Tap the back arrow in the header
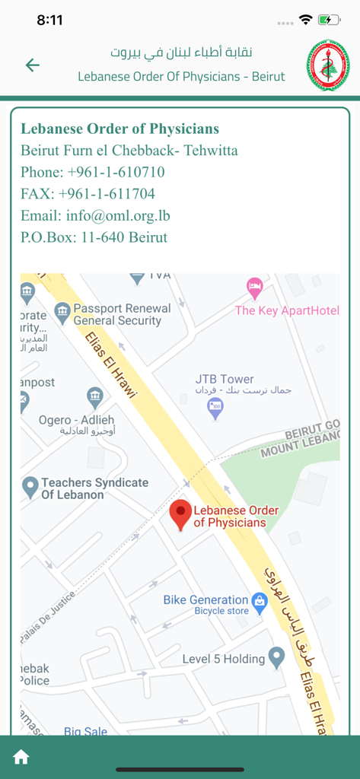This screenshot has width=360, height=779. pos(32,65)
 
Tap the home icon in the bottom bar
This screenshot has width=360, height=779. pos(21,757)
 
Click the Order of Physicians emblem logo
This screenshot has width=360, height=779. pos(328,65)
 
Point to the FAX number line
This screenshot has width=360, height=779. pos(88,193)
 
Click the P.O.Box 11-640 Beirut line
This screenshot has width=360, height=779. pos(94,237)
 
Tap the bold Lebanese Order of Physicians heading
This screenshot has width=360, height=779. pos(119,129)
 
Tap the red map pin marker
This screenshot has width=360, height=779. pos(180,514)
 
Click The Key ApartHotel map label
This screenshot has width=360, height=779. pos(287,310)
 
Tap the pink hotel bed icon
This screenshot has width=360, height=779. pos(255,288)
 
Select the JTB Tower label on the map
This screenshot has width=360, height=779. pos(225,379)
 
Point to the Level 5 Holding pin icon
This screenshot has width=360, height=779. pos(276,657)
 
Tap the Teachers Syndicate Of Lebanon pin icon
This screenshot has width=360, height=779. pos(30,486)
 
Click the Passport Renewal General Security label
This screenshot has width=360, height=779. pos(122,315)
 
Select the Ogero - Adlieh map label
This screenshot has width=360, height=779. pos(76,420)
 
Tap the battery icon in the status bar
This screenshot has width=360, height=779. pos(329,20)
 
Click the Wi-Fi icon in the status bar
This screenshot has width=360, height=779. pos(306,20)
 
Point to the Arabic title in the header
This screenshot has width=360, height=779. pos(181,52)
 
